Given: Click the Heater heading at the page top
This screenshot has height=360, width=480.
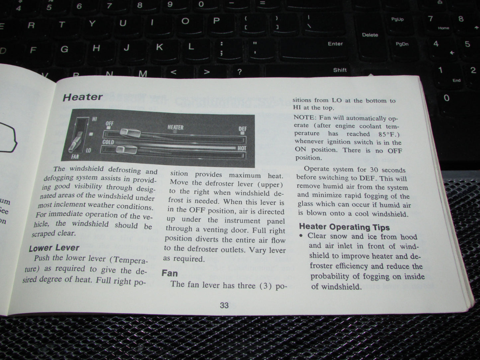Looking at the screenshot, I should point(83,97).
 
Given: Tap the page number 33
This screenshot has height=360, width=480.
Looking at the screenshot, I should point(224,305).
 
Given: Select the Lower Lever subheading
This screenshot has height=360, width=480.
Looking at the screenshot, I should point(54,248).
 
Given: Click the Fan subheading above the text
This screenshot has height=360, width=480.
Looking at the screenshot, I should point(170,273).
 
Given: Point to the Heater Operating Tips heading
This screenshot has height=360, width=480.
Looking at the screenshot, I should point(344,227).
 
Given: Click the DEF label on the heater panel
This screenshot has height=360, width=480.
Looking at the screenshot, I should point(242,129).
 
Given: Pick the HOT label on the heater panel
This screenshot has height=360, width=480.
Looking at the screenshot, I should point(242,148).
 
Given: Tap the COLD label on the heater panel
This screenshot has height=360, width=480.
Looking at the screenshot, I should point(108,142).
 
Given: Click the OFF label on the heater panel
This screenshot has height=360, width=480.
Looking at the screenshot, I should point(110,124).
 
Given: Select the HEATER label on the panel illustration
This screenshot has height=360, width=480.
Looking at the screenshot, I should point(175,127).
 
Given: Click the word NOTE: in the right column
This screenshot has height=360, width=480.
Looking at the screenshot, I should point(304,117).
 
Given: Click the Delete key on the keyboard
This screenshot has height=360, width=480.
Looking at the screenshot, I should point(370,35).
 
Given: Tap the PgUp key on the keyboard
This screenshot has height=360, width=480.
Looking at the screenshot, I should point(397,19).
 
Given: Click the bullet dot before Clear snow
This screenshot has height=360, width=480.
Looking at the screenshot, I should point(301,236).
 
